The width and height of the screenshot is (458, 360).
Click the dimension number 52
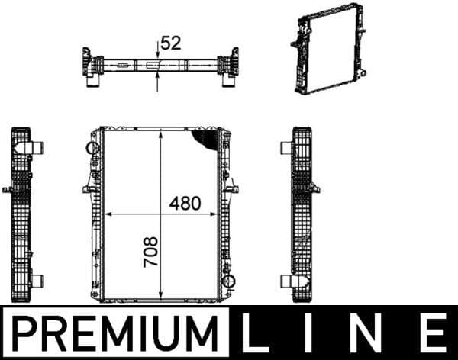click(171, 43)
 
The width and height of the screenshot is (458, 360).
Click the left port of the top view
click(98, 69)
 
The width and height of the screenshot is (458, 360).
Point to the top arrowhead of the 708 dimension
click(161, 134)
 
